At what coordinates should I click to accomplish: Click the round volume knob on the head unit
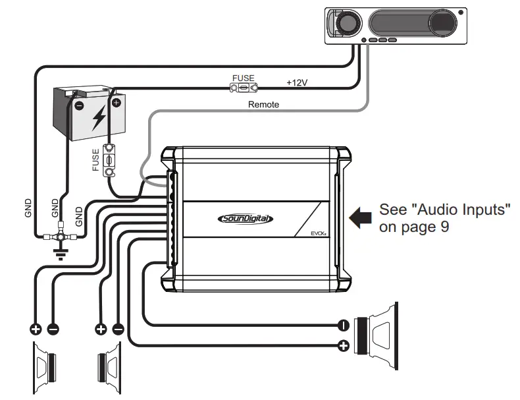pos(345,24)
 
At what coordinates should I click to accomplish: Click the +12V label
pos(298,84)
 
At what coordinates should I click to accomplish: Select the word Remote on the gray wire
pos(263,104)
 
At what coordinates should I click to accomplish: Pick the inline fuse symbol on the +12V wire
pos(243,87)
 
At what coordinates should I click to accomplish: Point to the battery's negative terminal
pos(78,105)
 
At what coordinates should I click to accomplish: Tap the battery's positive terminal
pos(117,102)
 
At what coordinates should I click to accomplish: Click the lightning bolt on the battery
pos(99,117)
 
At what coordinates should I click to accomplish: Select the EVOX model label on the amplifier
pos(319,233)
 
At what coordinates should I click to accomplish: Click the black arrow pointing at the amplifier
pos(359,218)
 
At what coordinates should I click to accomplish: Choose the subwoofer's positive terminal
pos(342,345)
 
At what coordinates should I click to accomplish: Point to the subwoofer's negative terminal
pos(342,325)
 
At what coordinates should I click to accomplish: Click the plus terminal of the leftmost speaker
pos(34,328)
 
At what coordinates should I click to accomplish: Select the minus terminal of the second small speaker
pos(118,328)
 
